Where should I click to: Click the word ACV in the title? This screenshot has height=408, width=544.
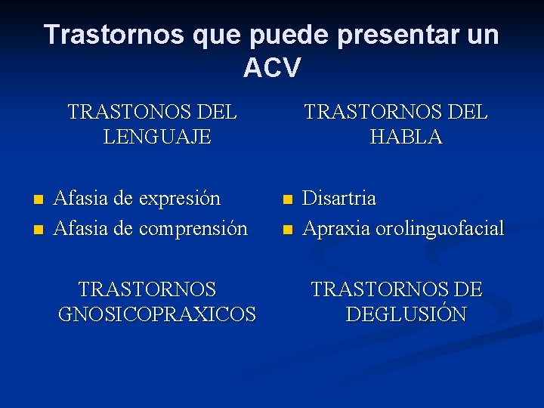[x=271, y=68]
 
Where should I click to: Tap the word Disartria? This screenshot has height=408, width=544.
[x=339, y=199]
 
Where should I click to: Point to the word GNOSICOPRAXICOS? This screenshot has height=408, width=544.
[x=157, y=314]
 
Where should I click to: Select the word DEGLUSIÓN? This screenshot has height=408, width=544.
[x=406, y=314]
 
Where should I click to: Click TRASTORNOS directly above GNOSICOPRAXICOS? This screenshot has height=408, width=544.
[x=147, y=289]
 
